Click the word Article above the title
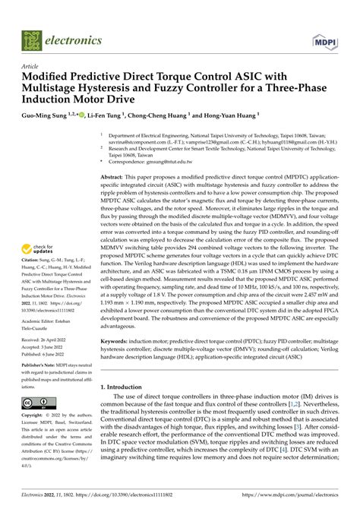(x=33, y=66)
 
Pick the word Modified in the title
(x=49, y=77)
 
